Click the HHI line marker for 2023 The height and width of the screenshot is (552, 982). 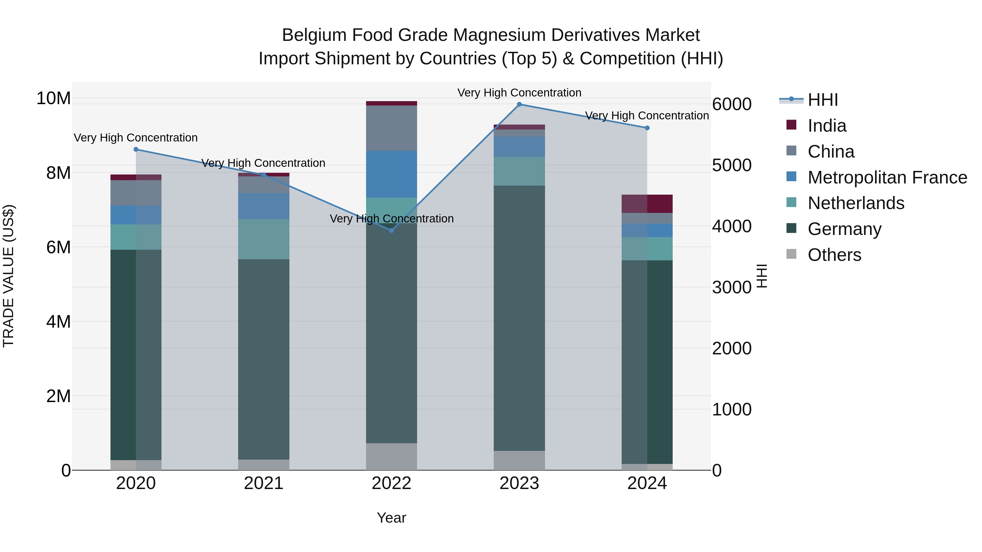tap(519, 104)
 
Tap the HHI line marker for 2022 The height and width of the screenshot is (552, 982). tap(391, 230)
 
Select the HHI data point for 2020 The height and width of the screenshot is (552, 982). tap(136, 149)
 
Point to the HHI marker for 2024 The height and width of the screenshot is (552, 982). tap(647, 128)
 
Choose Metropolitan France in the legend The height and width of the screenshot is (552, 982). tap(887, 177)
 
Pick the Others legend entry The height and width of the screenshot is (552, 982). tap(834, 255)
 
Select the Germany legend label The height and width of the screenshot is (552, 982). tap(844, 229)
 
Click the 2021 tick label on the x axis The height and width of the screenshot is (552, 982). tap(264, 483)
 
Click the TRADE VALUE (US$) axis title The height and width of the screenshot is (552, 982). tap(8, 276)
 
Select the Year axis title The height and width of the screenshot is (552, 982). tap(391, 518)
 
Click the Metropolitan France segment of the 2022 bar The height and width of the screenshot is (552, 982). tap(391, 174)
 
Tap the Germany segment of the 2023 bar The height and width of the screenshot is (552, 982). tap(519, 318)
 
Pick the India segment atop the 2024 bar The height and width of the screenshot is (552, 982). tap(647, 204)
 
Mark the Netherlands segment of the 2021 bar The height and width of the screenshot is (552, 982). tap(264, 239)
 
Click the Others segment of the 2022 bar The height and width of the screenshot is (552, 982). tap(391, 456)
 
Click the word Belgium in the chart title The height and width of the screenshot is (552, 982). tap(313, 35)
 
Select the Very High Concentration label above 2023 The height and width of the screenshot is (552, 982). tap(519, 93)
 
